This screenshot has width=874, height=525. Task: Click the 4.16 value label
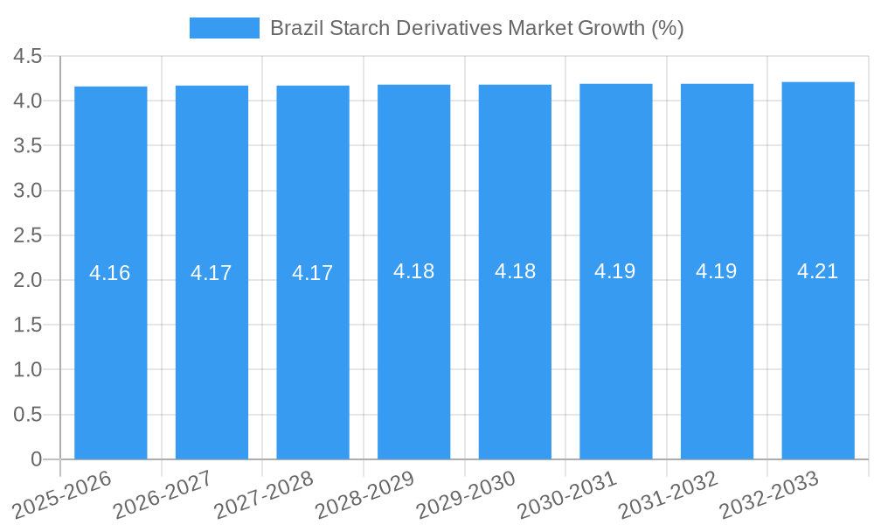[x=110, y=273]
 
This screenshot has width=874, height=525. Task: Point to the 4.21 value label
[x=818, y=271]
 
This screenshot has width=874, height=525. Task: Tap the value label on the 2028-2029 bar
[x=414, y=271]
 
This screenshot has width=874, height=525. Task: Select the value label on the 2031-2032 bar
[x=717, y=271]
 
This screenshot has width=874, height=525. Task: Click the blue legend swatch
[x=225, y=28]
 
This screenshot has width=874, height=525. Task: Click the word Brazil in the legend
[x=294, y=28]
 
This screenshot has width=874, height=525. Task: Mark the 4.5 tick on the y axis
[x=28, y=57]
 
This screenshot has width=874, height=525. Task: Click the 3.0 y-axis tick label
[x=28, y=191]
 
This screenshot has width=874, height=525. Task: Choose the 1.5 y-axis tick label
[x=28, y=325]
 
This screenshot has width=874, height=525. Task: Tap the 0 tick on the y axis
[x=36, y=459]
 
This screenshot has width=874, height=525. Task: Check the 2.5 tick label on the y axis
[x=28, y=235]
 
